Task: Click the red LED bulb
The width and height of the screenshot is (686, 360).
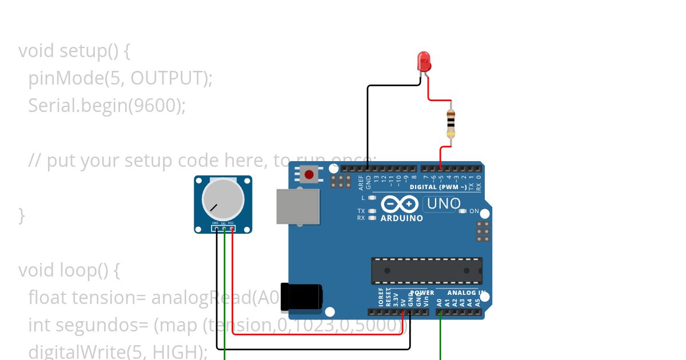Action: pos(424,61)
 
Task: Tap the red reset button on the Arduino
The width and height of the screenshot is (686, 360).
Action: pos(309,174)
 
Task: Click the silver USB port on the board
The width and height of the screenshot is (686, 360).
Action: pos(297,206)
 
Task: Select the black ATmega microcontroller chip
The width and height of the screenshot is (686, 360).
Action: pos(426,270)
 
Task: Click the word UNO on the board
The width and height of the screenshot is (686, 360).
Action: pos(444,203)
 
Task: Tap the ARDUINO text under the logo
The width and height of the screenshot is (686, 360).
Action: pos(401,218)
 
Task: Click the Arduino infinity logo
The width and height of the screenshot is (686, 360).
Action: pos(400,204)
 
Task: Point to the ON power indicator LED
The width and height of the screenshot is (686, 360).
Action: pos(463,211)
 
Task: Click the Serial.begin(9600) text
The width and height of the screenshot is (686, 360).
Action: pos(107,106)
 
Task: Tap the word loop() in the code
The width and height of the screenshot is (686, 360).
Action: pos(89,270)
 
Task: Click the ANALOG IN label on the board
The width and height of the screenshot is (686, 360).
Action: pos(465,293)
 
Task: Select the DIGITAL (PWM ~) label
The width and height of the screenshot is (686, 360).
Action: pos(438,187)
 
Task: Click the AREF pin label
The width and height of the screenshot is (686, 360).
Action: pos(361,183)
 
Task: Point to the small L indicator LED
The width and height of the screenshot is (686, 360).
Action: pos(373,198)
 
